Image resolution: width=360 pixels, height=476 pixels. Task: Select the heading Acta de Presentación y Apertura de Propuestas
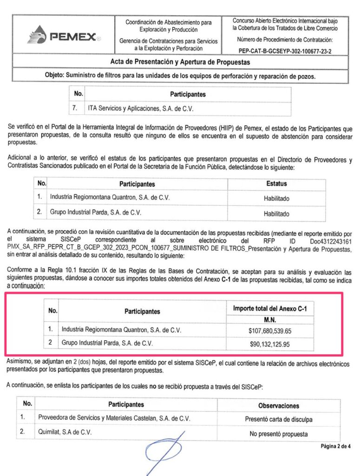(x=180, y=62)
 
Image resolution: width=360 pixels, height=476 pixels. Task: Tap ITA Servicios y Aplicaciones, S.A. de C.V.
(x=140, y=108)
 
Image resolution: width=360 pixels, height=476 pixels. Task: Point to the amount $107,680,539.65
(x=270, y=331)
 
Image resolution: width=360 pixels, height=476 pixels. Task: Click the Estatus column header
(x=276, y=184)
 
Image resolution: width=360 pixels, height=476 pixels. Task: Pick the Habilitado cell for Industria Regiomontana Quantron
(x=276, y=198)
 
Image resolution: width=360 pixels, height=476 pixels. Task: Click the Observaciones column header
(x=278, y=405)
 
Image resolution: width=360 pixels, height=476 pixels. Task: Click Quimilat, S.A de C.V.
(x=65, y=432)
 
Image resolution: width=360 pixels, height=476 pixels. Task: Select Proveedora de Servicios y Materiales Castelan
(x=114, y=418)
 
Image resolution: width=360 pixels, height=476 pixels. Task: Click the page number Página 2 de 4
(x=335, y=446)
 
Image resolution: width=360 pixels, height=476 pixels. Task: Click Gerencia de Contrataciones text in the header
(x=168, y=45)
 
